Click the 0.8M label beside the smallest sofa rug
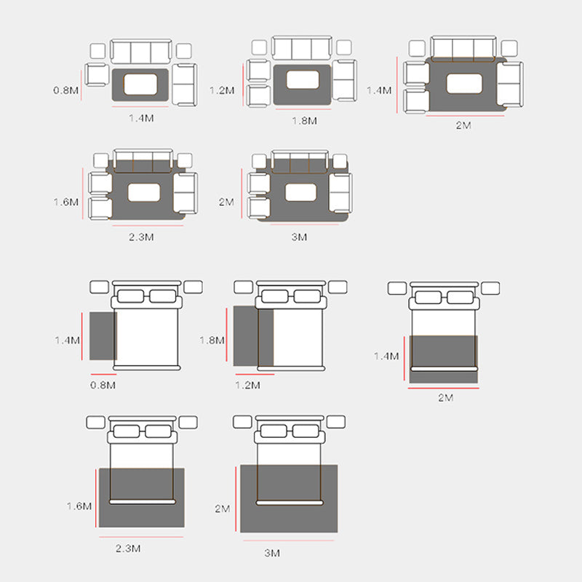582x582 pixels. pos(65,90)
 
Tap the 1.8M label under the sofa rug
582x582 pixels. pos(304,121)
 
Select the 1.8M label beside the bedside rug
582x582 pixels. pos(212,340)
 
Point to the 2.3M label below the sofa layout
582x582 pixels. pos(141,237)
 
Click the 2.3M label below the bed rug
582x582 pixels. pos(128,549)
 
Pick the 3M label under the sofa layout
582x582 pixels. pos(299,237)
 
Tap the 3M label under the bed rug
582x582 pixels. pos(272,553)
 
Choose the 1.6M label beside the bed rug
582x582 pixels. pos(79,506)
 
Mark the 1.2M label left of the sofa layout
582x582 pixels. pos(222,90)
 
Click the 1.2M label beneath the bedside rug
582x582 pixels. pos(247,385)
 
